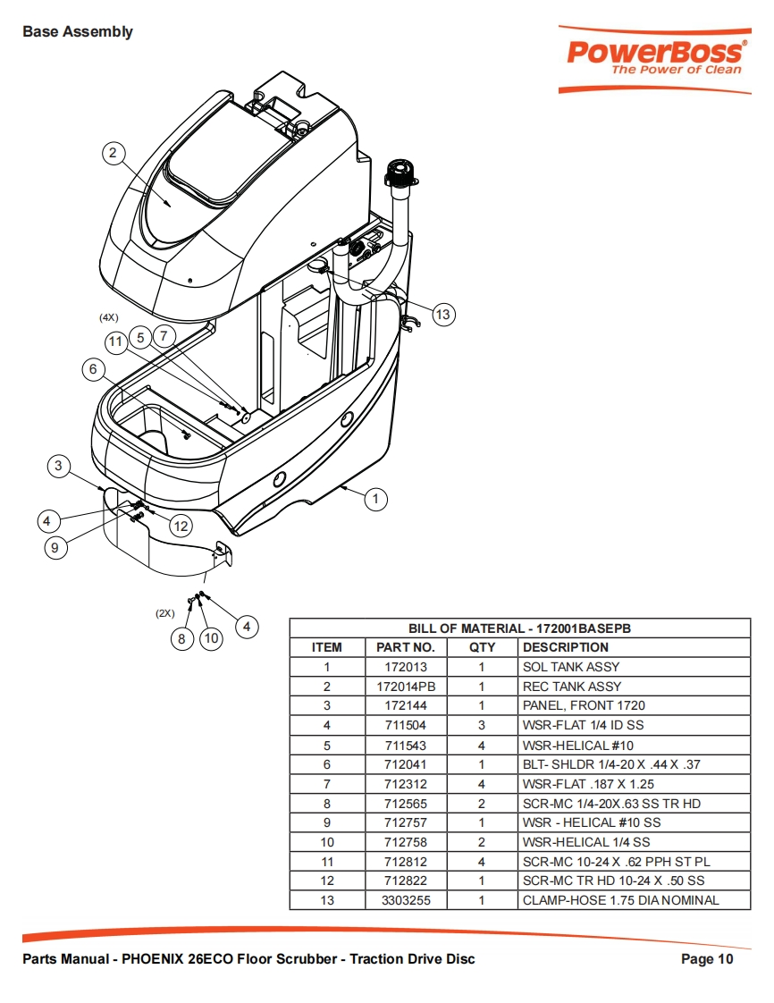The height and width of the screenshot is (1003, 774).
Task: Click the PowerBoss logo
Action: point(654,59)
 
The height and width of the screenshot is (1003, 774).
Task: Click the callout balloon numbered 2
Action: point(114,153)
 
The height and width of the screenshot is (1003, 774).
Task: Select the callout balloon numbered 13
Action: point(442,315)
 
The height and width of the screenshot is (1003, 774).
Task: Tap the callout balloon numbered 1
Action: point(375,499)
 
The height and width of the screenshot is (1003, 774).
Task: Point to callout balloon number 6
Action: point(93,369)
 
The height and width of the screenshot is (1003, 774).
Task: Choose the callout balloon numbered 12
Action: point(181,526)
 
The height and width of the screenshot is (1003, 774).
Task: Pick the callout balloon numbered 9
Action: point(55,548)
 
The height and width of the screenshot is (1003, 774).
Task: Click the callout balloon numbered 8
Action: point(181,638)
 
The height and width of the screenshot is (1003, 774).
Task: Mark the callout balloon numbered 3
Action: point(58,466)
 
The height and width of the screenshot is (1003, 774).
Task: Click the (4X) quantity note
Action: point(109,317)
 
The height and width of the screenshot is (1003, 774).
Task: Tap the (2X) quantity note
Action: point(165,613)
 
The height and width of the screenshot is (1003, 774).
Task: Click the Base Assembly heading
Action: point(78,31)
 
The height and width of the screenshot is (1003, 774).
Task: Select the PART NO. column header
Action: point(406,647)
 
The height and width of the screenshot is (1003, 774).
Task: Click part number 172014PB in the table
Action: point(406,687)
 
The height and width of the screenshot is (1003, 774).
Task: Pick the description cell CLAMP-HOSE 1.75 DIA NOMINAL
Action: point(620,900)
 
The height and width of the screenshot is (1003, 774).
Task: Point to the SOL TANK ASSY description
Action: point(571,667)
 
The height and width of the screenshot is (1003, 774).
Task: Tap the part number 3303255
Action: point(406,900)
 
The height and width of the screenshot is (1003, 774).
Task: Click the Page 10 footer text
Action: point(707,959)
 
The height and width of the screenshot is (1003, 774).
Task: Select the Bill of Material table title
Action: point(519,628)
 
